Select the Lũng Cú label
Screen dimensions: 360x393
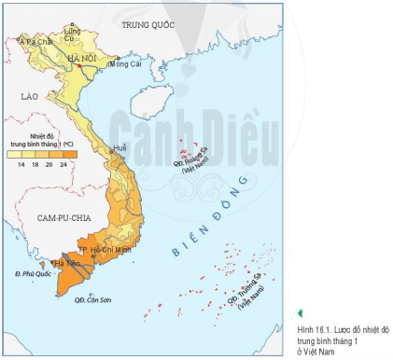click(x=71, y=35)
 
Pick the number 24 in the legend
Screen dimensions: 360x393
click(x=63, y=163)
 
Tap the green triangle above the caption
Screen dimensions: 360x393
click(x=300, y=314)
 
